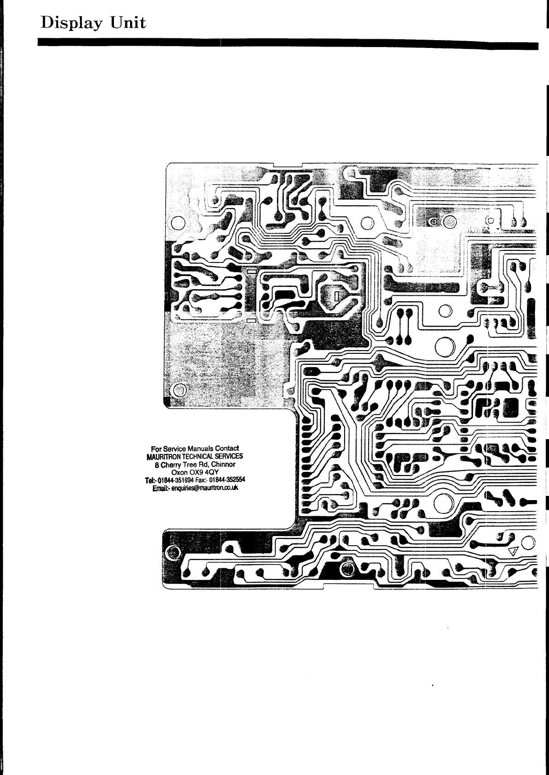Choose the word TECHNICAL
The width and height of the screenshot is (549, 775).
pos(196,456)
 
